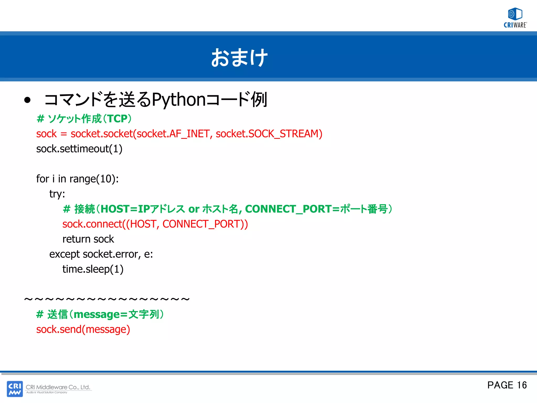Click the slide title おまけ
[239, 57]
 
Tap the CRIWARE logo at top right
[515, 18]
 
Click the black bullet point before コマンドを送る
[27, 100]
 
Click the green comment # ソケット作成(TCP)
[84, 119]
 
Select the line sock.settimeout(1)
[79, 149]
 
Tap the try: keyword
[57, 194]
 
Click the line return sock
[88, 239]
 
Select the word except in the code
[65, 254]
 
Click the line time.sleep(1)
[93, 269]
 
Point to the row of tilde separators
[107, 299]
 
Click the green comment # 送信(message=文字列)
[100, 314]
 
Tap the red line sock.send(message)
[83, 330]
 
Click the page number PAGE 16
[507, 385]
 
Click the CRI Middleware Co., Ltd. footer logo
[49, 389]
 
